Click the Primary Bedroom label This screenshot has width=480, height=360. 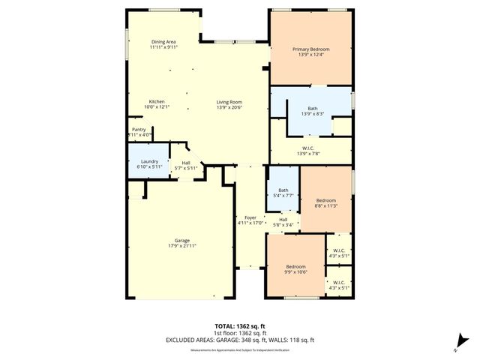tap(310, 49)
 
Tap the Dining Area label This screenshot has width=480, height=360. tap(163, 42)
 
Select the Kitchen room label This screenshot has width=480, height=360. tap(157, 101)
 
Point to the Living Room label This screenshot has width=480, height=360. tap(229, 101)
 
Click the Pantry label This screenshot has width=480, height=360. tap(139, 129)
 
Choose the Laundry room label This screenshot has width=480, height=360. tap(148, 161)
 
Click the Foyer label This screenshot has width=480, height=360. tap(250, 217)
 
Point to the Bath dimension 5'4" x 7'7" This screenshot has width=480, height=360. tap(283, 196)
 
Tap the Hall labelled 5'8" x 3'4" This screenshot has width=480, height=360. tap(283, 222)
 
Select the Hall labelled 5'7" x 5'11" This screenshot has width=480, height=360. tap(184, 164)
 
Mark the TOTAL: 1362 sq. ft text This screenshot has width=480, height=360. tap(239, 327)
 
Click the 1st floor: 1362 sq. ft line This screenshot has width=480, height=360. tap(239, 333)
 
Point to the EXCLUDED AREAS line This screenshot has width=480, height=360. tap(239, 340)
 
